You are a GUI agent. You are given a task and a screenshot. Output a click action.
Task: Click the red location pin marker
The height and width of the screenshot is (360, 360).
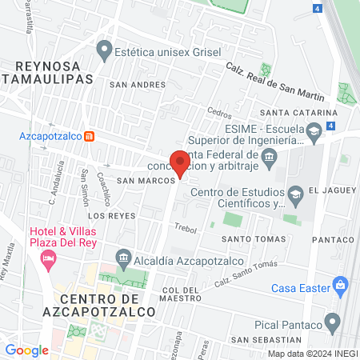click(181, 162)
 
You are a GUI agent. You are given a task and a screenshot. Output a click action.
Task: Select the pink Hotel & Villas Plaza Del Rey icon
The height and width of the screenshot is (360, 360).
click(50, 258)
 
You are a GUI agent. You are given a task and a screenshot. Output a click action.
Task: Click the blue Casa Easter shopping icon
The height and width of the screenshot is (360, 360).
click(341, 284)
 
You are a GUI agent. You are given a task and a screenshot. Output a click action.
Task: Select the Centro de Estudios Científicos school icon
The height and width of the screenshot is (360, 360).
click(296, 192)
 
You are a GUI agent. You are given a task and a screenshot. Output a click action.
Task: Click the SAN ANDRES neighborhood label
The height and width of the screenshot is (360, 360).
click(138, 84)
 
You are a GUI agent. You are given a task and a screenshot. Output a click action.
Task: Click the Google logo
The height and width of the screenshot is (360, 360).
click(27, 350)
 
